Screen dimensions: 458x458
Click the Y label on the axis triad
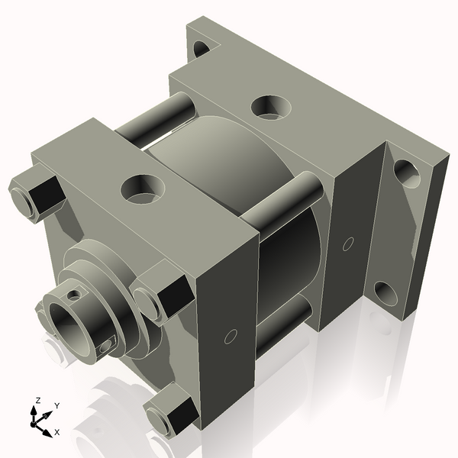pos(57,406)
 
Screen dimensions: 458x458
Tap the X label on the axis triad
pos(56,432)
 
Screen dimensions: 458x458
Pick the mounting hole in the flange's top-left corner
pos(202,49)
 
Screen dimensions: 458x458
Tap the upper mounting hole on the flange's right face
pos(406,173)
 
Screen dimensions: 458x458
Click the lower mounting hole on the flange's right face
pos(385,292)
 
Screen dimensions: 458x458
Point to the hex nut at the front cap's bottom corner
pos(169,417)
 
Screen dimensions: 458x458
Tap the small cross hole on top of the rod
pos(73,293)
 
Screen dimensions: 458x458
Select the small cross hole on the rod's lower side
pos(105,347)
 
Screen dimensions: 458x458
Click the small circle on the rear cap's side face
pos(347,244)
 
